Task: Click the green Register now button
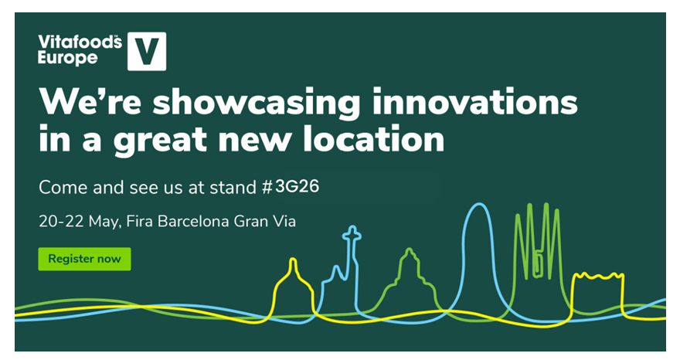tap(84, 259)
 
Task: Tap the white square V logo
tap(147, 51)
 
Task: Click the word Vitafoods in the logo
tap(80, 42)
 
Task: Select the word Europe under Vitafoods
tap(68, 58)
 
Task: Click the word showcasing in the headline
tap(256, 104)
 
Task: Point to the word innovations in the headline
tap(475, 101)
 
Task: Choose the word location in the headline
tap(373, 139)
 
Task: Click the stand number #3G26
tap(291, 187)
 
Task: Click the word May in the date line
tap(104, 222)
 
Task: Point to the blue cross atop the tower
tap(352, 234)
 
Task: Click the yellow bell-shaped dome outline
tap(293, 260)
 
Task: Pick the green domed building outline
tap(409, 251)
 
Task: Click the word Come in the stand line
tap(63, 188)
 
